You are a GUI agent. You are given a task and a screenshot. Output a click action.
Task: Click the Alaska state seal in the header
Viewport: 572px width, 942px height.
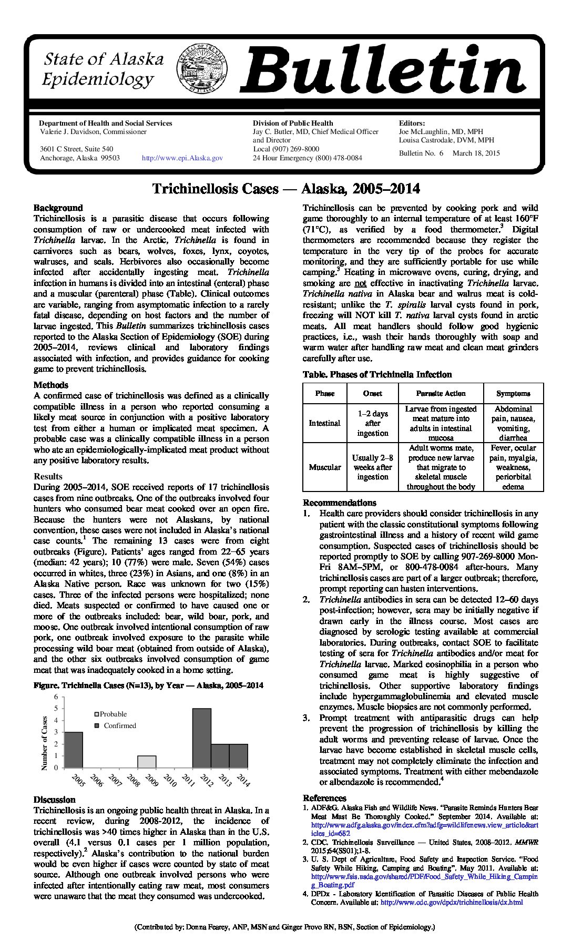203,68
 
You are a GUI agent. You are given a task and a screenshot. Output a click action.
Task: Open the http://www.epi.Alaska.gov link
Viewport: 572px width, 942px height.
182,158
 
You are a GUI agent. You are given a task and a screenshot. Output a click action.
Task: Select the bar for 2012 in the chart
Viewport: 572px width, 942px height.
201,738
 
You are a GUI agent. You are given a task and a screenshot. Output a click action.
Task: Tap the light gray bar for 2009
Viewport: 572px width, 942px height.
147,762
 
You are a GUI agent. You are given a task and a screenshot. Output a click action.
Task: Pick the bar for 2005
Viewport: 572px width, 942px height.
74,750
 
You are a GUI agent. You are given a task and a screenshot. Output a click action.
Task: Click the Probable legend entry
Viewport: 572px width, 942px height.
110,714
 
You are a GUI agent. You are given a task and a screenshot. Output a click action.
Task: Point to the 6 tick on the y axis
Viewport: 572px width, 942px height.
56,697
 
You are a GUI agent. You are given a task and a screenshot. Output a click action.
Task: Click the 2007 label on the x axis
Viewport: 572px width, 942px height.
115,781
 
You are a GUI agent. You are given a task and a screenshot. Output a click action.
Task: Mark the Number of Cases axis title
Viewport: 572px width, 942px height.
45,743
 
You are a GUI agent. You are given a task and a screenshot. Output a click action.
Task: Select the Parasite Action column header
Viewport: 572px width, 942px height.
441,393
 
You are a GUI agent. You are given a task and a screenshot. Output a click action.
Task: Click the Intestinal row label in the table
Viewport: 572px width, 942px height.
324,423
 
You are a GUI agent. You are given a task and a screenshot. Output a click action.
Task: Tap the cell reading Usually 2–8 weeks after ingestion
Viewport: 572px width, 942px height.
372,467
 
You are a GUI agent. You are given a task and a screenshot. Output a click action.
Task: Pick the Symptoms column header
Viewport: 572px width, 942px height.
513,393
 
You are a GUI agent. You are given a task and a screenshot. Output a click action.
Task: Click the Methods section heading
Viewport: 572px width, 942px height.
51,385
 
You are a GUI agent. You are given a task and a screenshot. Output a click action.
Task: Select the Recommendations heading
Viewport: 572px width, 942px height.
340,503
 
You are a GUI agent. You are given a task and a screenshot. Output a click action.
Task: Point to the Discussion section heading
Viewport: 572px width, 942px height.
55,800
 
